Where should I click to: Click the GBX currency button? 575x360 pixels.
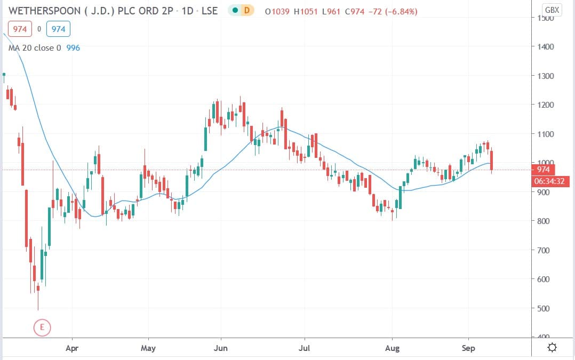pos(552,10)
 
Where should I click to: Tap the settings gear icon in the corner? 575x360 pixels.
pos(552,348)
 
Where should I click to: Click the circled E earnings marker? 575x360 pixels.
pos(42,326)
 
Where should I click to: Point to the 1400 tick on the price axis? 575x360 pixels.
pos(546,47)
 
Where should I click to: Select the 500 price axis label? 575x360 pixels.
pos(545,308)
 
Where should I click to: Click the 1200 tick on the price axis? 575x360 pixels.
pos(546,105)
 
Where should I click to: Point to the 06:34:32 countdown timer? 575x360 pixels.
pos(549,181)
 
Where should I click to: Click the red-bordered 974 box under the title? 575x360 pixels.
pos(20,29)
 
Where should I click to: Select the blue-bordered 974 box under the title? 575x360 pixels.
pos(59,29)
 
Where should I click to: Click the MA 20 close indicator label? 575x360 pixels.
pos(35,48)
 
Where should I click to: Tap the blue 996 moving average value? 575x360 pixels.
pos(73,48)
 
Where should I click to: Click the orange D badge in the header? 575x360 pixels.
pos(246,10)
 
